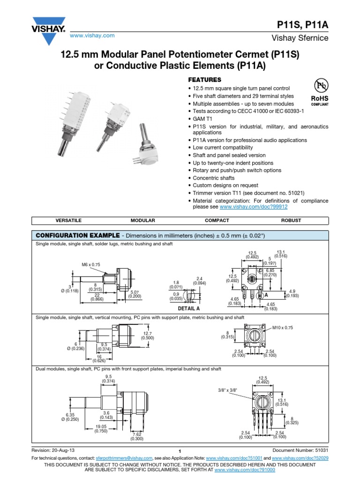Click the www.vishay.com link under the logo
point(92,36)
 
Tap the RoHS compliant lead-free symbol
point(320,91)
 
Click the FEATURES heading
point(204,80)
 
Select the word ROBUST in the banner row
point(291,220)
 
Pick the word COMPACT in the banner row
point(217,220)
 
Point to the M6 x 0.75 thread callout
point(91,265)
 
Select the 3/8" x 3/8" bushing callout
point(228,390)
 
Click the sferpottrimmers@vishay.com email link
point(125,457)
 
